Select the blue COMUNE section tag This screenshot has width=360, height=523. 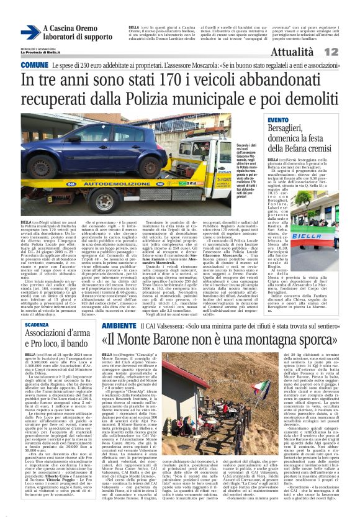pyautogui.click(x=34, y=65)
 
